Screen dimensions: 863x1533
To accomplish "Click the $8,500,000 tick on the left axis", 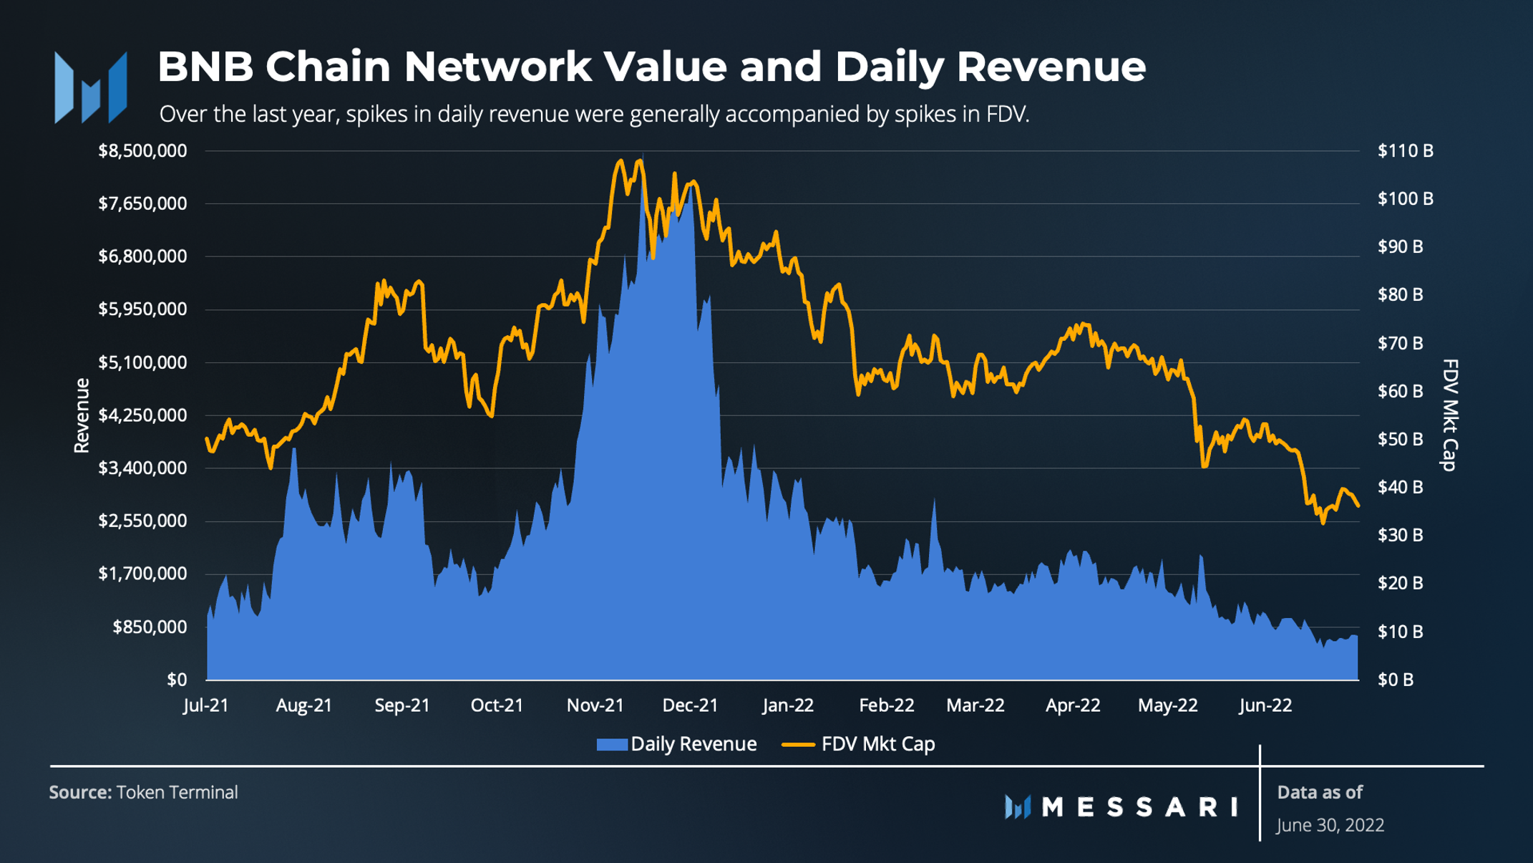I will pos(142,151).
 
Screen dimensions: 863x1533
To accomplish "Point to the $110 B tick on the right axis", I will pos(1405,151).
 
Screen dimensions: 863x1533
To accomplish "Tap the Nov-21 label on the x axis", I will pos(595,705).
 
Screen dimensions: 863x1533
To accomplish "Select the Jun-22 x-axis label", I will pos(1265,705).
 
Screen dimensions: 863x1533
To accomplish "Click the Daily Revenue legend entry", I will pos(677,744).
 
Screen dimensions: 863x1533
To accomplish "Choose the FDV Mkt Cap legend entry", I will pos(859,744).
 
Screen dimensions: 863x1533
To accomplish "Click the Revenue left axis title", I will pos(82,415).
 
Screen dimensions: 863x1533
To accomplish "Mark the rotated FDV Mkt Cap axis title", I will pos(1449,415).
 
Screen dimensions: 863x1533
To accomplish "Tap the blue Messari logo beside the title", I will pos(91,87).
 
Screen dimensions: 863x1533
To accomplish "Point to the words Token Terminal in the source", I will pos(177,792).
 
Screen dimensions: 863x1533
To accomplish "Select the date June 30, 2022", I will pos(1330,825).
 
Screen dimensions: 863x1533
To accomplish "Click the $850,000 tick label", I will pos(150,627).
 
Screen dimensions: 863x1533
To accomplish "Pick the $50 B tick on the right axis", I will pos(1400,439).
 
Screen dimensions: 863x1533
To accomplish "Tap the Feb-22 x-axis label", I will pos(886,705).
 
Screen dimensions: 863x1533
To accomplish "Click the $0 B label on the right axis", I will pos(1395,680).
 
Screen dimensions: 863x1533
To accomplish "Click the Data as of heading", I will pos(1319,792).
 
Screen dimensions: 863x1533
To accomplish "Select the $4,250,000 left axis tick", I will pos(142,415).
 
